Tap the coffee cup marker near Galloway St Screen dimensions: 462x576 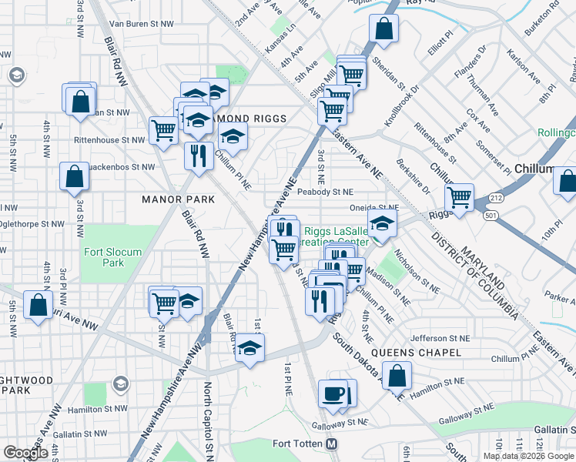[333, 393]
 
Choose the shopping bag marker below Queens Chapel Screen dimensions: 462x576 [397, 377]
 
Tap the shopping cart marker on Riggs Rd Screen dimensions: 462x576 [460, 196]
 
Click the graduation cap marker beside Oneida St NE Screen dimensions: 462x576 [382, 224]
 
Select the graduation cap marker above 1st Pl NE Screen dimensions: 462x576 [249, 348]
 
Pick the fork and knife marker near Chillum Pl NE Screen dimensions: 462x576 [199, 155]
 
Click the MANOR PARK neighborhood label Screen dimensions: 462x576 [177, 199]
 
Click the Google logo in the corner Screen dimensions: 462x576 [25, 452]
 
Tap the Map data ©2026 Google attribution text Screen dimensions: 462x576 [528, 456]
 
